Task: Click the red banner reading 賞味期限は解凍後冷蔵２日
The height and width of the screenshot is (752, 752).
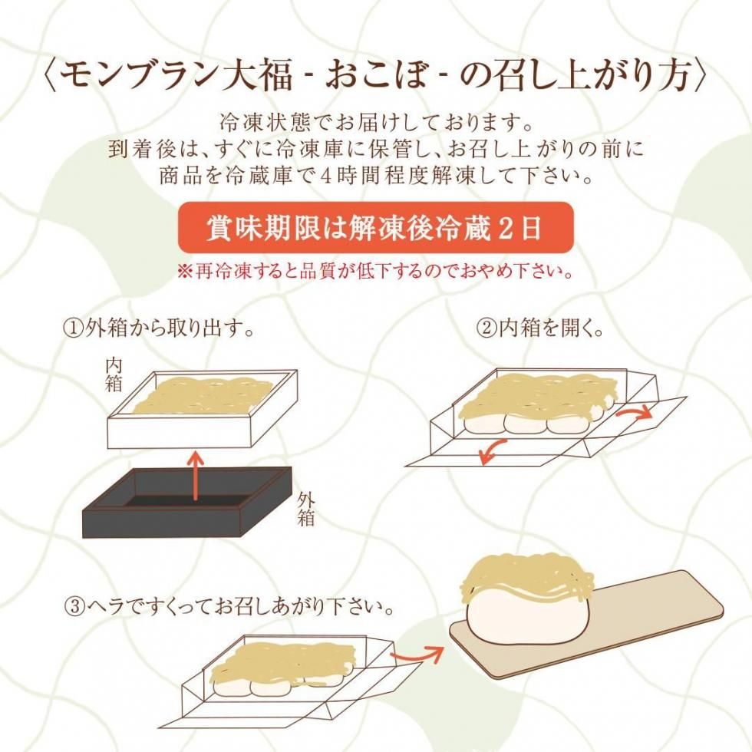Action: point(376,227)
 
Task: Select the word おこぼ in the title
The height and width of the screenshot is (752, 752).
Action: point(375,77)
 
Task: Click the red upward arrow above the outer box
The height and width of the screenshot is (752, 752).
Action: point(195,475)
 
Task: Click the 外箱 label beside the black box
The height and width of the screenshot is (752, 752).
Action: point(305,509)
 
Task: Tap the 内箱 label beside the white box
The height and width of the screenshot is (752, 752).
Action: point(114,375)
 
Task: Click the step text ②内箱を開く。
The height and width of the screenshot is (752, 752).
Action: point(539,328)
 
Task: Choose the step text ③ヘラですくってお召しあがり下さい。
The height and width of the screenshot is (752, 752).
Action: point(229,608)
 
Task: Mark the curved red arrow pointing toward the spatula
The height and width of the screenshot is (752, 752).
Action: point(416,652)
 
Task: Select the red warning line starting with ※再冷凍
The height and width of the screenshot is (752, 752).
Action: point(376,272)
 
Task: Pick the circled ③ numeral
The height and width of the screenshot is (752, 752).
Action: point(74,608)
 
